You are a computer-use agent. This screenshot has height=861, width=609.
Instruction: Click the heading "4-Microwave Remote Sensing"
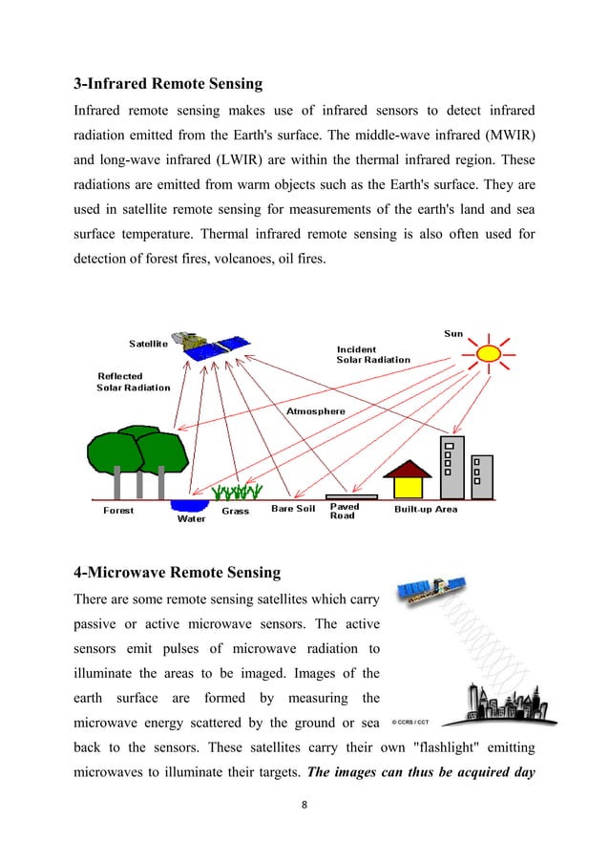coord(177,573)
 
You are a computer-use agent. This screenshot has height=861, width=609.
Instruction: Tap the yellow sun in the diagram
coord(489,353)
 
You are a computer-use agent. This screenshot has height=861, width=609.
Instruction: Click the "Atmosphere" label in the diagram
coord(316,411)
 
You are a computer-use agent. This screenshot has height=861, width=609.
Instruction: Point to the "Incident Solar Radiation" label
coord(373,354)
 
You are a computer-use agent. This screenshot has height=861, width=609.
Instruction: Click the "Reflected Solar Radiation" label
coord(134,382)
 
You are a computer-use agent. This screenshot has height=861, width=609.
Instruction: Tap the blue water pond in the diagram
coord(190,505)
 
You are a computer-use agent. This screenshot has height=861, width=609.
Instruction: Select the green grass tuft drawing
coord(236,493)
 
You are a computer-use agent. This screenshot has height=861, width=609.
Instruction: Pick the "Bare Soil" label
coord(293,509)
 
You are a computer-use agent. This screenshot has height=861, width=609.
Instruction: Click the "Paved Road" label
coord(344,512)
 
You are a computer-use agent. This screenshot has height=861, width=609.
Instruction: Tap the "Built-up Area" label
coord(426,509)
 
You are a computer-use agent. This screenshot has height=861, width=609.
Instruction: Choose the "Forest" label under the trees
coord(118,510)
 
